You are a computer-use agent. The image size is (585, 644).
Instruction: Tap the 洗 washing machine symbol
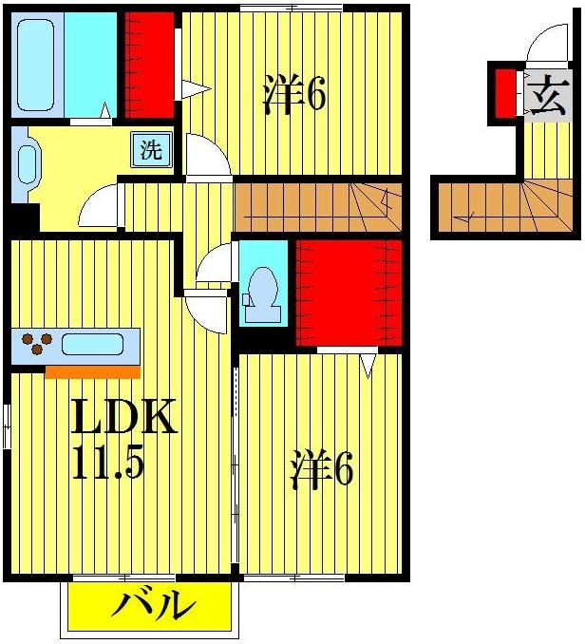pos(152,149)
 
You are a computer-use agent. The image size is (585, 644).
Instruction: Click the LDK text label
pos(123,418)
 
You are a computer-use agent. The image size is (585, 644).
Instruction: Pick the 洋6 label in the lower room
pos(322,470)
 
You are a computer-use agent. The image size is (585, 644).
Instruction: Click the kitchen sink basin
pos(92,344)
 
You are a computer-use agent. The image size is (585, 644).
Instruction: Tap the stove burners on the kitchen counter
pos(34,344)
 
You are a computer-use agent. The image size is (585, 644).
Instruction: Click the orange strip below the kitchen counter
pos(92,371)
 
